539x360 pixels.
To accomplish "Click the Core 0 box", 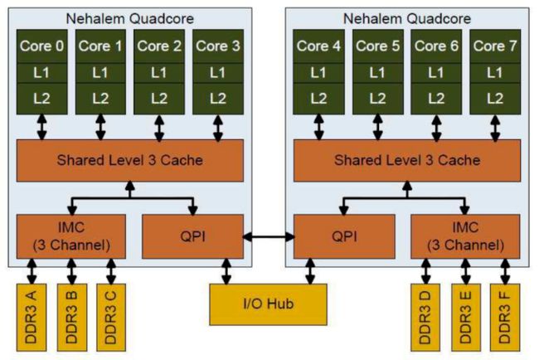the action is click(42, 46).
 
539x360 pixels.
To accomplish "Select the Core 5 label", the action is click(378, 46).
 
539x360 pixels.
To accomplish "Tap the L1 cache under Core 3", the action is click(218, 73).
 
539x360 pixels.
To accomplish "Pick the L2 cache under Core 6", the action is click(436, 99).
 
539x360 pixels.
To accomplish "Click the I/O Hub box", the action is click(268, 304).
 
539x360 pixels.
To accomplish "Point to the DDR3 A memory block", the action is click(32, 318).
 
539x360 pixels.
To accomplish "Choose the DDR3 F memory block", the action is click(505, 318).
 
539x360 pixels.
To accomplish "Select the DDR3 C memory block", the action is click(111, 318).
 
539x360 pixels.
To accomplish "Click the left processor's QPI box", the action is click(193, 236).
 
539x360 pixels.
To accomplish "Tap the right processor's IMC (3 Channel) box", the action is click(465, 236).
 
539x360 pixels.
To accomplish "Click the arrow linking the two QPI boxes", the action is click(269, 236).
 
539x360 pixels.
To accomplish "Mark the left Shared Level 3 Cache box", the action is click(130, 161).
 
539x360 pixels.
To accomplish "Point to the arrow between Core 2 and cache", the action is click(159, 128).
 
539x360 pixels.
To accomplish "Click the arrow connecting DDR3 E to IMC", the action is click(465, 271).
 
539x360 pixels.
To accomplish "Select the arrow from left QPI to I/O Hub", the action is click(226, 271).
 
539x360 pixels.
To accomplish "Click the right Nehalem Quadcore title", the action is click(407, 18).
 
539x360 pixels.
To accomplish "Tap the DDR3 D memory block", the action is click(425, 318).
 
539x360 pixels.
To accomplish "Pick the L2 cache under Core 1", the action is click(100, 99).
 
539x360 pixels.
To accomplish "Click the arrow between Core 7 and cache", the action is click(495, 128).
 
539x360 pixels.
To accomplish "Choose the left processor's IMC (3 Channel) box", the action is click(71, 236).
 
